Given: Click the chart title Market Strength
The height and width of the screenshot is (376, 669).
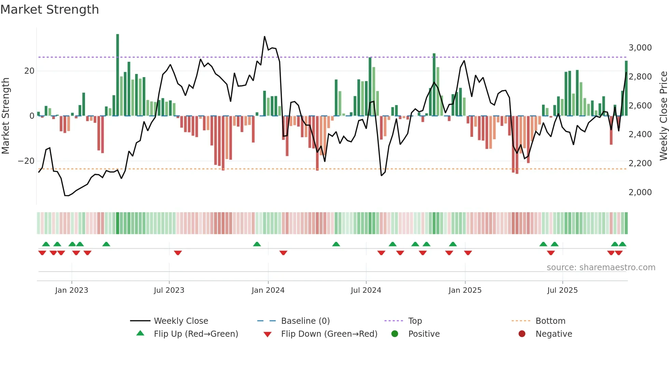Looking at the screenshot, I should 49,10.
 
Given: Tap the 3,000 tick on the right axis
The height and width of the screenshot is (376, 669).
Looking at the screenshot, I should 640,48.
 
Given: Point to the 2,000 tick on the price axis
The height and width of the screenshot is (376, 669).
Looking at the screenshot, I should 640,192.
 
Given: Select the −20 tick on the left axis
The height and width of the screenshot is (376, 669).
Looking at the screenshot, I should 26,161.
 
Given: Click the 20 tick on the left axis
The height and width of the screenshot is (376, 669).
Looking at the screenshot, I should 29,71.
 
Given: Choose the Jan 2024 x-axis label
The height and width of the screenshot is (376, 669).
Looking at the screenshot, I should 268,290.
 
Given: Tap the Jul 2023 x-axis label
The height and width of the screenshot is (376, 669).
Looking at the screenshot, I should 169,290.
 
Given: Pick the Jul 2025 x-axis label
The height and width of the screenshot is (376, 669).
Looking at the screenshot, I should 562,290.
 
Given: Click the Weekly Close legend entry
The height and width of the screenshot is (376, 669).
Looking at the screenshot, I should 181,321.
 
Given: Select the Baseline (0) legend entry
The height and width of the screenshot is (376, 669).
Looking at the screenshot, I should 305,321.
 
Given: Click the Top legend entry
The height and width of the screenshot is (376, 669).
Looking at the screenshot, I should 415,321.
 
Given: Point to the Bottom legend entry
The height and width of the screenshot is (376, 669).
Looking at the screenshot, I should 550,321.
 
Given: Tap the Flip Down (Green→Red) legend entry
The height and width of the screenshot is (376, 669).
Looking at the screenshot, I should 329,334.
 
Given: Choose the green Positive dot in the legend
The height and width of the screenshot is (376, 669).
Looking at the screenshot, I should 395,334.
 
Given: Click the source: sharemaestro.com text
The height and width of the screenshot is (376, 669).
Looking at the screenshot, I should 601,267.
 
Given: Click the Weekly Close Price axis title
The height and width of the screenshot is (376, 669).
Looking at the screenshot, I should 663,116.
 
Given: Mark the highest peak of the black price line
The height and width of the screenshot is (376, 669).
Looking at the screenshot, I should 265,37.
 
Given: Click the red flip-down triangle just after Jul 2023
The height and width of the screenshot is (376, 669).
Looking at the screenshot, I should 178,253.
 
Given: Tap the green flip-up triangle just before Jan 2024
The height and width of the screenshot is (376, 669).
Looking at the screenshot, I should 257,244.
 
